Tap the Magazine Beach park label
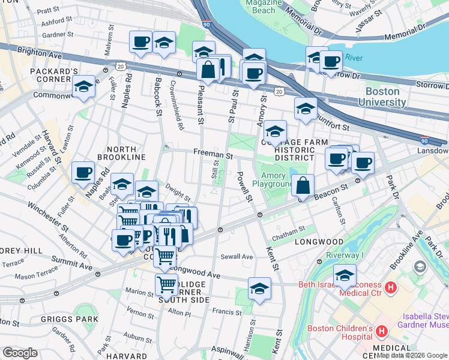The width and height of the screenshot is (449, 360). [x=261, y=7]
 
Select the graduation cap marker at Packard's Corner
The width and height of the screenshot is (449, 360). [x=84, y=88]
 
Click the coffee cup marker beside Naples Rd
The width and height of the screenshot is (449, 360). [x=83, y=172]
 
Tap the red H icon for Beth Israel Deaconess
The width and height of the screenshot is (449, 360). [x=391, y=288]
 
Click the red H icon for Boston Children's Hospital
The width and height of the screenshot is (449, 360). [x=381, y=331]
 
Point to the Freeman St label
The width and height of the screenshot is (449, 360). [x=212, y=155]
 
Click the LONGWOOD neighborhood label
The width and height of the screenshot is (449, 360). [x=319, y=242]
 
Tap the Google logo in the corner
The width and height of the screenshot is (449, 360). [x=20, y=353]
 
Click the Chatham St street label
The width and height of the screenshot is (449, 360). [x=289, y=229]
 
